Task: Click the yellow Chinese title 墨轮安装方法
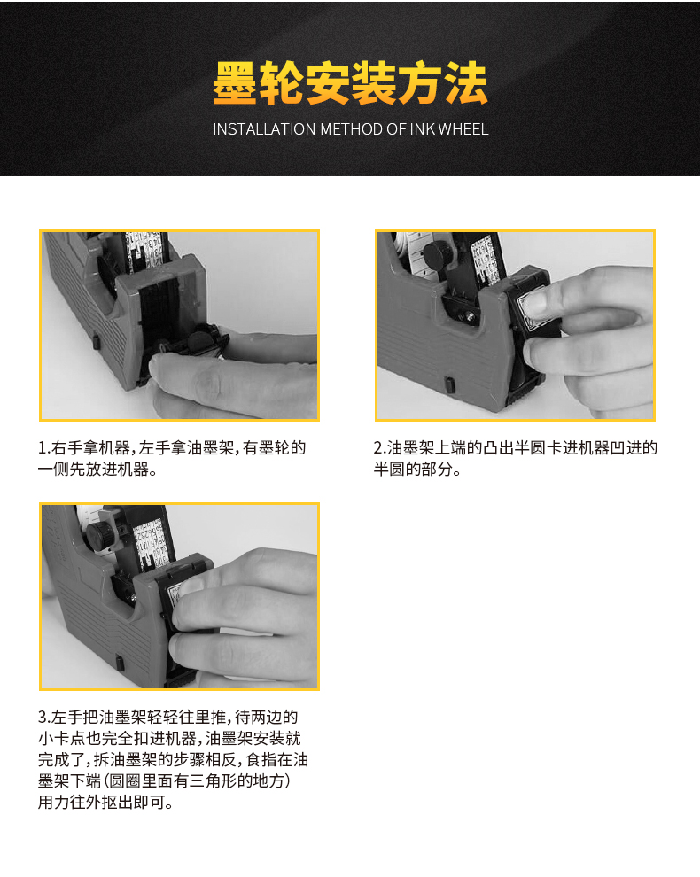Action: (350, 83)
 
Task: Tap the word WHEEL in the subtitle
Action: (463, 129)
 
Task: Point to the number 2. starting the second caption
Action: (380, 448)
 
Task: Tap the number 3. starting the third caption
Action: (44, 717)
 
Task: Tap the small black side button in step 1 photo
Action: (96, 341)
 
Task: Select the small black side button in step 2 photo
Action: (448, 384)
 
